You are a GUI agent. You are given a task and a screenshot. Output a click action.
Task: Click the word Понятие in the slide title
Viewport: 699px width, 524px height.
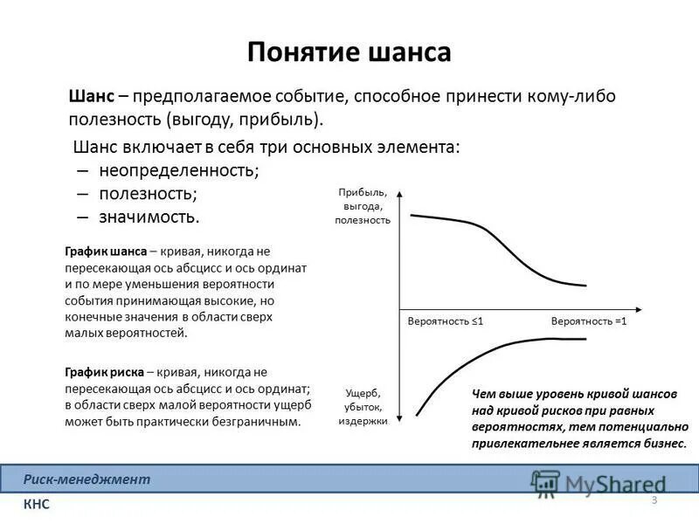tap(297, 52)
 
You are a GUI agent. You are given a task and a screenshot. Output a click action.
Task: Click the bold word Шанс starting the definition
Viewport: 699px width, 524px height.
tap(91, 97)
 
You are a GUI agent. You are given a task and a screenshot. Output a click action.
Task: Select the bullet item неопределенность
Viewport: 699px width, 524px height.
tap(179, 169)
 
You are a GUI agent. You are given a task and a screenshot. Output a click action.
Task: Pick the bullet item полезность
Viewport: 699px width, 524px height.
tap(148, 192)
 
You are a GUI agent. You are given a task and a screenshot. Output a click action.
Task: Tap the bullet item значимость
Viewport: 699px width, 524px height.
tap(149, 215)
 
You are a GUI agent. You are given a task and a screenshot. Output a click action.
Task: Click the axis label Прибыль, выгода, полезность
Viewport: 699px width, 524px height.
tap(362, 206)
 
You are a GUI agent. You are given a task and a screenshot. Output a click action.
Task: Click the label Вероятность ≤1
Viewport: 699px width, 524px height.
tap(446, 321)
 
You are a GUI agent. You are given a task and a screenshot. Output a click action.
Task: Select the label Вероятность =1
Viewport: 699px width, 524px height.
tap(589, 321)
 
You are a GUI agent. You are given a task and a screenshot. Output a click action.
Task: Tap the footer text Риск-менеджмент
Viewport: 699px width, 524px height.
tap(87, 479)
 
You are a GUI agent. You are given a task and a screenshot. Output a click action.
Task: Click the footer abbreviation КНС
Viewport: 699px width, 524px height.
tap(37, 505)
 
